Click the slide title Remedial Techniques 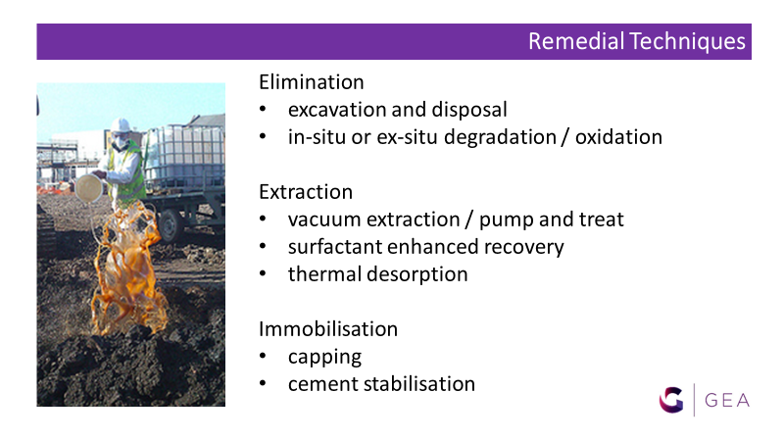tap(636, 41)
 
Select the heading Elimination tap(311, 82)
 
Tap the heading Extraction tap(306, 192)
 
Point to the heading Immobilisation tap(328, 329)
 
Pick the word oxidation tap(618, 137)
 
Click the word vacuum tap(324, 220)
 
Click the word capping tap(324, 358)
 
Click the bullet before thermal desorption tap(263, 274)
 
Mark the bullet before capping tap(263, 356)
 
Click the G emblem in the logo tap(671, 400)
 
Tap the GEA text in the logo tap(727, 401)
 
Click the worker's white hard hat tap(120, 125)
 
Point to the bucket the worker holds tap(89, 188)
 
